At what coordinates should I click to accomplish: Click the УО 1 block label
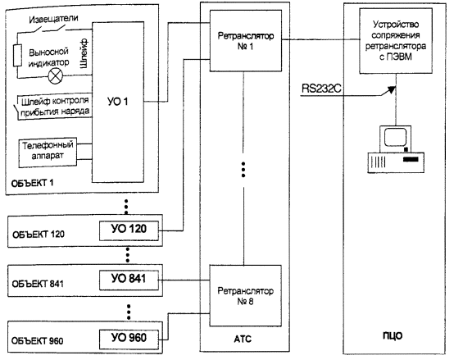tap(117, 102)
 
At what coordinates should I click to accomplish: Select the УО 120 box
tap(129, 230)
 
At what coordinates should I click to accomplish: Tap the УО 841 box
tap(129, 280)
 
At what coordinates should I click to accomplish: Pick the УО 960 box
tap(129, 339)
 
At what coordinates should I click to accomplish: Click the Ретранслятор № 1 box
tap(246, 41)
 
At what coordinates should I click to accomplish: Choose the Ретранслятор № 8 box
tap(246, 296)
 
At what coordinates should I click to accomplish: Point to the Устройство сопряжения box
tap(396, 40)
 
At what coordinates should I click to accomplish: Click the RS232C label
tap(321, 88)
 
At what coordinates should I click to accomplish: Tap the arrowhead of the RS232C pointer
tap(392, 89)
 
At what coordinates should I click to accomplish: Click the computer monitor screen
tap(395, 137)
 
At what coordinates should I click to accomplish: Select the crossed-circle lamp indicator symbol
tap(55, 76)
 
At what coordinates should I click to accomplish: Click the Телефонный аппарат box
tap(48, 153)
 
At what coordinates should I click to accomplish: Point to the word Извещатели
tap(53, 19)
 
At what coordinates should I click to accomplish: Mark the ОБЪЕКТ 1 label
tap(32, 183)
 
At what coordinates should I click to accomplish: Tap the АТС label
tap(243, 339)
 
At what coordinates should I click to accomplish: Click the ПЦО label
tap(393, 335)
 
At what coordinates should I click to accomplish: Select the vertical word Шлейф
tap(84, 53)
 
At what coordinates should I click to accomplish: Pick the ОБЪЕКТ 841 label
tap(38, 284)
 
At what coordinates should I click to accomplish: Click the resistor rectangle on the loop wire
tap(17, 55)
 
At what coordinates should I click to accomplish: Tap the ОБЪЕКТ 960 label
tap(37, 340)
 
